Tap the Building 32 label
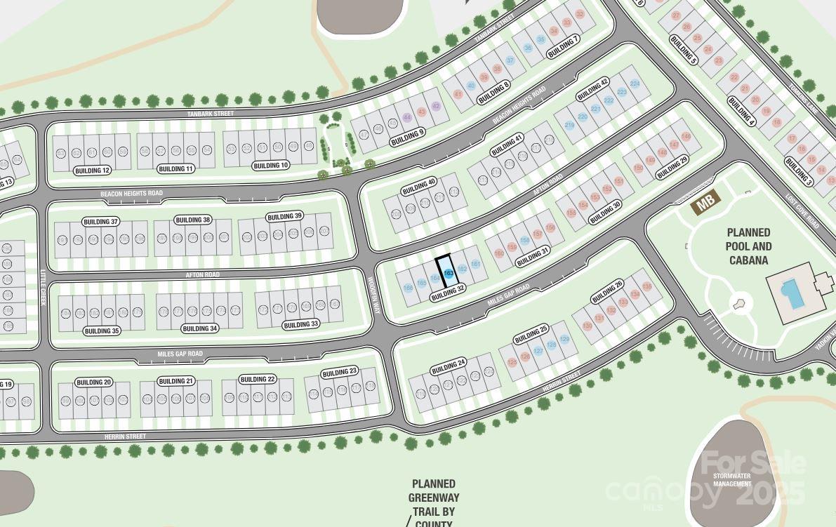[448, 292]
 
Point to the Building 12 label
[92, 171]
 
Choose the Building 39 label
[284, 216]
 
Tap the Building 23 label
[339, 372]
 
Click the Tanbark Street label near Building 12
[210, 113]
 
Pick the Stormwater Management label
[731, 480]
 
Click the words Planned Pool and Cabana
[748, 246]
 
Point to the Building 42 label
[592, 90]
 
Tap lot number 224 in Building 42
[635, 84]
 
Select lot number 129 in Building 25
[564, 340]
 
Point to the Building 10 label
[270, 166]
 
